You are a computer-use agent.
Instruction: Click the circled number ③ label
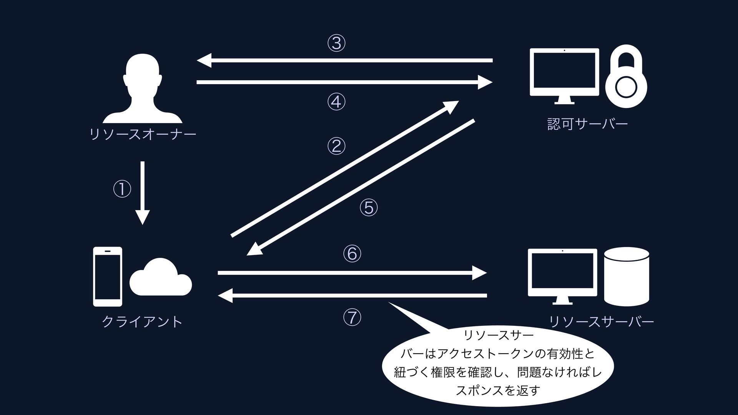point(336,43)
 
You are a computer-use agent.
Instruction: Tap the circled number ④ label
point(336,102)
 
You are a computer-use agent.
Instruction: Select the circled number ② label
point(336,146)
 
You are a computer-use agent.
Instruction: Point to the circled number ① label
point(122,189)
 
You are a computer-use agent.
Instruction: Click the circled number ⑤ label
point(369,207)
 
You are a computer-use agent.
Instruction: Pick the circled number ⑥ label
point(352,254)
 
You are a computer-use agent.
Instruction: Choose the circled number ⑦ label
point(352,317)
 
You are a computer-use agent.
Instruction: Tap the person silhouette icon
point(143,88)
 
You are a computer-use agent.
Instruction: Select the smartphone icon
point(108,276)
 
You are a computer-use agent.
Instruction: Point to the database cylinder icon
point(627,276)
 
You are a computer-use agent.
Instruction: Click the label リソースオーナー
point(143,134)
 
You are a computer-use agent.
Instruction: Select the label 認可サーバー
point(587,124)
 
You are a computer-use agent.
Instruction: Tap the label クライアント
point(142,322)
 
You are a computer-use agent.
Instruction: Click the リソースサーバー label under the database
point(601,322)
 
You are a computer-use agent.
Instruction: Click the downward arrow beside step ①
point(143,192)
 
